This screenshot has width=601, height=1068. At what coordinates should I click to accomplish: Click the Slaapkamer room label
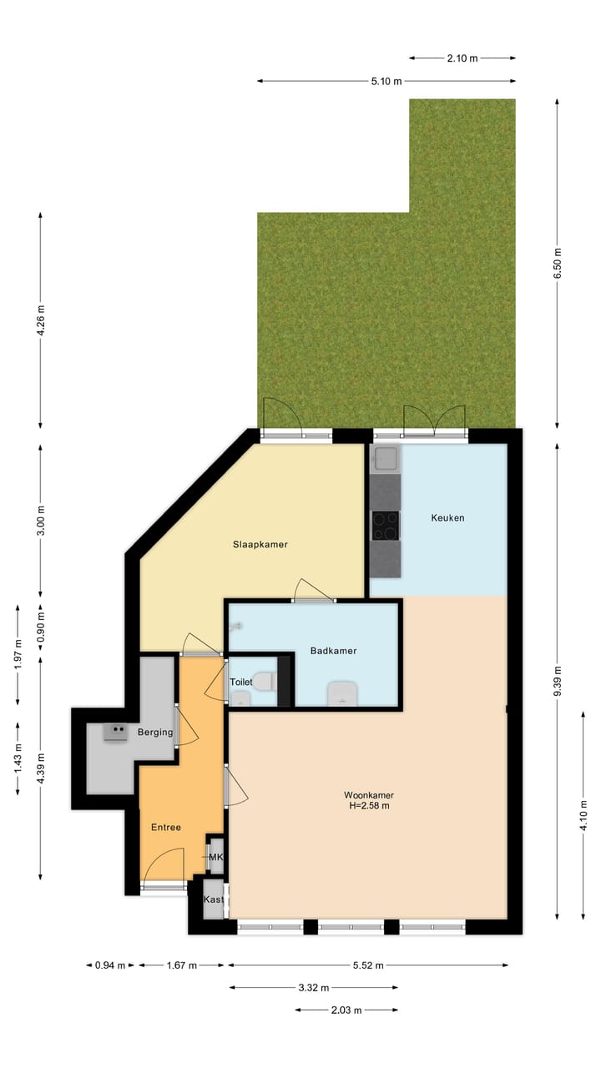(260, 545)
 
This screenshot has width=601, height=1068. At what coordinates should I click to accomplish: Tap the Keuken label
(447, 518)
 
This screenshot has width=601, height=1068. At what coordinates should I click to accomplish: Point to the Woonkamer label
(368, 795)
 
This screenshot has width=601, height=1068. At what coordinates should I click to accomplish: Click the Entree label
(165, 828)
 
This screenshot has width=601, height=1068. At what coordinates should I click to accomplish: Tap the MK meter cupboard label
(216, 857)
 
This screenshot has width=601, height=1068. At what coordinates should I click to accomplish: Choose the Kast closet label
(214, 900)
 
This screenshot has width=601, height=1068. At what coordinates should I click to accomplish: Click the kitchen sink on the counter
(386, 458)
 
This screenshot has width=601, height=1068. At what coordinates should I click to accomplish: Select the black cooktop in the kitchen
(385, 526)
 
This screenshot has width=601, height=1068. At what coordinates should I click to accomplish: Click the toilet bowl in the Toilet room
(264, 682)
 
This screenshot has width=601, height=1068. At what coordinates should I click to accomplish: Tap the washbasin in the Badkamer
(343, 693)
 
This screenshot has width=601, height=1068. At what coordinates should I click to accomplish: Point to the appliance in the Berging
(115, 732)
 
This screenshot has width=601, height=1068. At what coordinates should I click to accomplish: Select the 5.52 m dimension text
(367, 965)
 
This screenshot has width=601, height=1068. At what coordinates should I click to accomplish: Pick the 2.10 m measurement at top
(462, 58)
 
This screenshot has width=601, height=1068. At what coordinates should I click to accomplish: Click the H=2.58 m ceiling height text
(368, 806)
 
